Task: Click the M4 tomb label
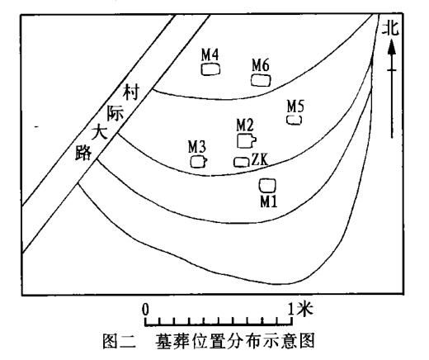tap(210, 54)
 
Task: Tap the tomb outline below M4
tap(210, 69)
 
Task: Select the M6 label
tap(261, 65)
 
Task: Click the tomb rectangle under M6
tap(261, 80)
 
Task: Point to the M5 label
tap(295, 106)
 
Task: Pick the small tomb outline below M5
tap(295, 120)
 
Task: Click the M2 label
tap(245, 125)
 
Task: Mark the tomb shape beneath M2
tap(247, 140)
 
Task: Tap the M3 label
tap(197, 147)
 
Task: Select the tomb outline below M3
tap(199, 162)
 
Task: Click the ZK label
tap(260, 159)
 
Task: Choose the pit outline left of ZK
tap(242, 162)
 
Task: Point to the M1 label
tap(269, 201)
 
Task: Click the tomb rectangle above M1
tap(267, 186)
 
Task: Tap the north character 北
tap(391, 29)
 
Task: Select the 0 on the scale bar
tap(145, 310)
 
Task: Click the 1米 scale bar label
tap(300, 308)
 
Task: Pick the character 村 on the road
tap(131, 92)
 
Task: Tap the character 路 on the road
tap(83, 153)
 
